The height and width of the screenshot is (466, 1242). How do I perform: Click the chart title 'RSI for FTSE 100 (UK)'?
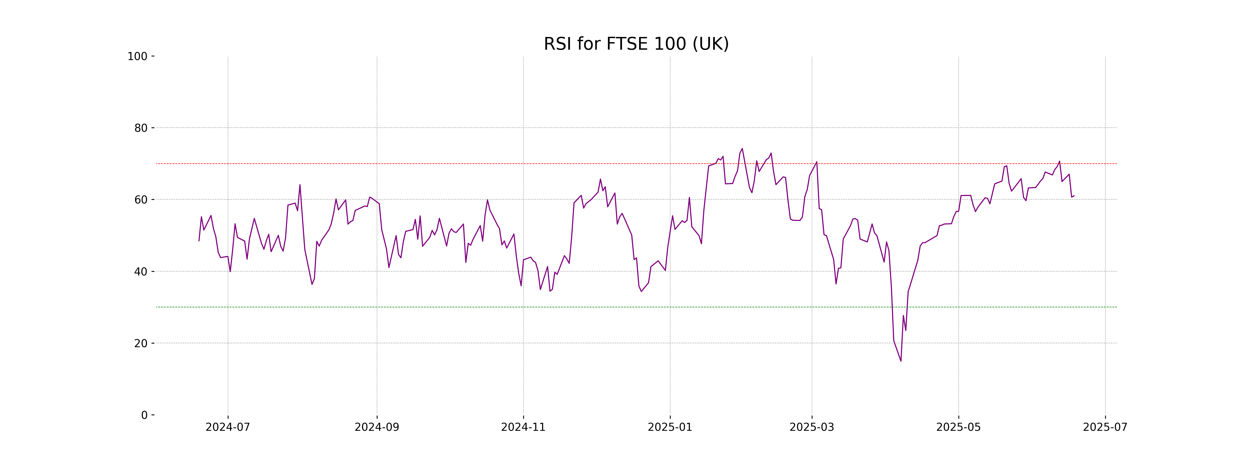coord(636,44)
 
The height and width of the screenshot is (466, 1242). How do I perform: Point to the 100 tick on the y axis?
coord(137,56)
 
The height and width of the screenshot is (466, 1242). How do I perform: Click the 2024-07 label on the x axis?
coord(228,427)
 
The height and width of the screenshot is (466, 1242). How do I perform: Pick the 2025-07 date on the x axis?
coord(1105,427)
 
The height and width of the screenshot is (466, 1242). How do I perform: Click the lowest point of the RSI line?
coord(901,361)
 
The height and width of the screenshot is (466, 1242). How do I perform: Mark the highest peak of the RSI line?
coord(742,149)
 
